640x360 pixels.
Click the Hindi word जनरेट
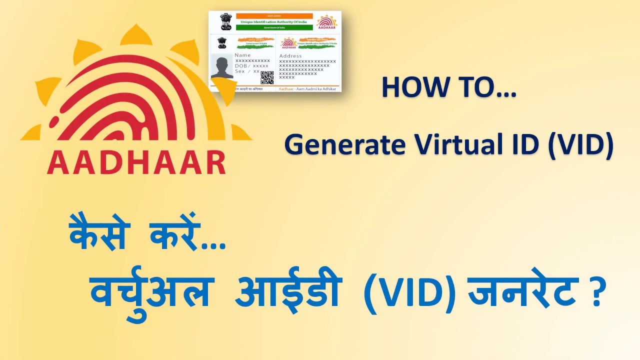click(522, 292)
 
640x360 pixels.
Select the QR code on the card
click(267, 77)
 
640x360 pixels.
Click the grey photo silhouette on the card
click(221, 66)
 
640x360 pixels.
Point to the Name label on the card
click(242, 55)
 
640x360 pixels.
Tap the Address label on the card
click(290, 56)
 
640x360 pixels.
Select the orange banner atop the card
click(274, 16)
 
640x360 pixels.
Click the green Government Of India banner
click(274, 28)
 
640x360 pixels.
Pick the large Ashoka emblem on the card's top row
click(226, 22)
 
